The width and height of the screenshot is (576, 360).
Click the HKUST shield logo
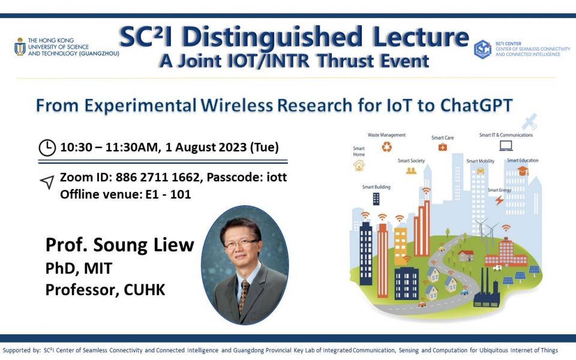coord(20,46)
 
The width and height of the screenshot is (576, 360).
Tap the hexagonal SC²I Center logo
coord(482,49)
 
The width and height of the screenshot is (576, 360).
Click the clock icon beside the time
coord(47,147)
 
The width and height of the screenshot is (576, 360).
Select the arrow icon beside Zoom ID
coord(47,182)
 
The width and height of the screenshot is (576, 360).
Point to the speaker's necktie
coord(243,295)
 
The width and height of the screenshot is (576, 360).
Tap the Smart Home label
coord(359,151)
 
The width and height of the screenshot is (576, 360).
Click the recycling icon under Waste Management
coord(387,146)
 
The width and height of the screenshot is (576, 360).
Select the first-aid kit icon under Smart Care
coord(442,147)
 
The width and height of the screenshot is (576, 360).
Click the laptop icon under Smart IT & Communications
coord(506,145)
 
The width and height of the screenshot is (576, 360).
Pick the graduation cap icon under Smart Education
coord(523,171)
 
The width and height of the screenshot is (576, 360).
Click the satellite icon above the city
coord(529,122)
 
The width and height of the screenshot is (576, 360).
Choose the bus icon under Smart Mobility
coord(480,172)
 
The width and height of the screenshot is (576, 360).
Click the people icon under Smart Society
coord(411,170)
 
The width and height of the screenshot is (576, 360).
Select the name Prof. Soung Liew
coord(120,245)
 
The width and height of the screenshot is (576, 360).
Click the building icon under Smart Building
coord(376,199)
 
